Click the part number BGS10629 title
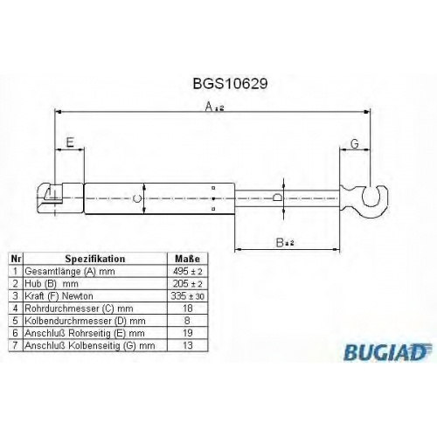click(x=230, y=84)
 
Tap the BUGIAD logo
click(x=387, y=352)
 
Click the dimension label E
click(x=70, y=142)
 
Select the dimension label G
click(x=354, y=143)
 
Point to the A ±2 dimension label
click(x=214, y=107)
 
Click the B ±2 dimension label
click(x=285, y=242)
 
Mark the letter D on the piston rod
click(x=278, y=198)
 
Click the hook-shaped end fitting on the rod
click(x=364, y=201)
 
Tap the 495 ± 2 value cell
click(x=188, y=271)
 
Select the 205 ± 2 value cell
click(x=188, y=283)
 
